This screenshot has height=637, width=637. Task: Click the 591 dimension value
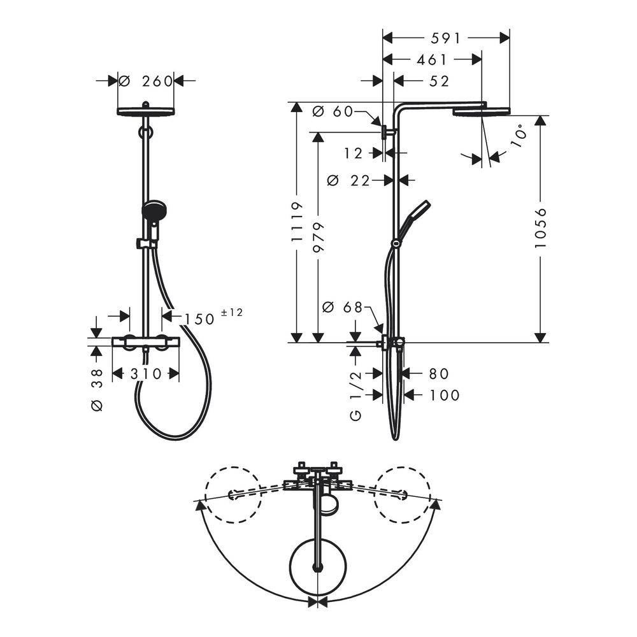click(x=446, y=39)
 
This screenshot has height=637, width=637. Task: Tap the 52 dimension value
click(x=439, y=82)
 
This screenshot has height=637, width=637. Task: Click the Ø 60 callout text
click(x=333, y=111)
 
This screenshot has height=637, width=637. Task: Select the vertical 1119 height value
click(x=297, y=222)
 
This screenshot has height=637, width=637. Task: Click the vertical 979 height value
click(x=318, y=237)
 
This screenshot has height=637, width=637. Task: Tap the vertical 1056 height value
click(x=541, y=228)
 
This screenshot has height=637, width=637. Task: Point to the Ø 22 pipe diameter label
click(x=348, y=180)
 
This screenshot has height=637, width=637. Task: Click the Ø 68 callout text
click(x=342, y=308)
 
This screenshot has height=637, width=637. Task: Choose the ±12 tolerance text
click(x=232, y=312)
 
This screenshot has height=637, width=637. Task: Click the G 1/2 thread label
click(x=355, y=396)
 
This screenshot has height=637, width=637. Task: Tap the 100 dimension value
click(x=445, y=395)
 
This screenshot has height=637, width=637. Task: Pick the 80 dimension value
click(x=439, y=374)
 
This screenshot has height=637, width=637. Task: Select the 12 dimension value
click(x=353, y=154)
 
